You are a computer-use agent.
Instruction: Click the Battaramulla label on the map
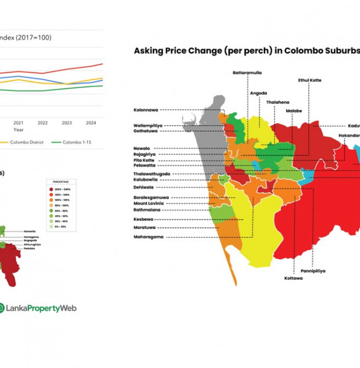coord(247,73)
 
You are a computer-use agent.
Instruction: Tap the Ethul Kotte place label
coord(309,80)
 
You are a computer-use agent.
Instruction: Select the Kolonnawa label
coord(146,109)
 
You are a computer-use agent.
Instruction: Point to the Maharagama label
coord(148,237)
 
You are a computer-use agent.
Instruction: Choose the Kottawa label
coord(293,278)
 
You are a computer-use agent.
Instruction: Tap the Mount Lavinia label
coord(148,203)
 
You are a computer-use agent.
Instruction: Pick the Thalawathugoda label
coord(152,174)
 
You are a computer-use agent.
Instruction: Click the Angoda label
coord(258,93)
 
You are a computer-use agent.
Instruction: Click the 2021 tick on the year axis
coord(18,122)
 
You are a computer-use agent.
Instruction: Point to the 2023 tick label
coord(67,122)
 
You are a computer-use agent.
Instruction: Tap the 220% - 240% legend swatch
coord(51,189)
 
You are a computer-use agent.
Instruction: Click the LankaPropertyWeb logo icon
coord(3,308)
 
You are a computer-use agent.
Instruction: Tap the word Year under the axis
coord(19,130)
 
